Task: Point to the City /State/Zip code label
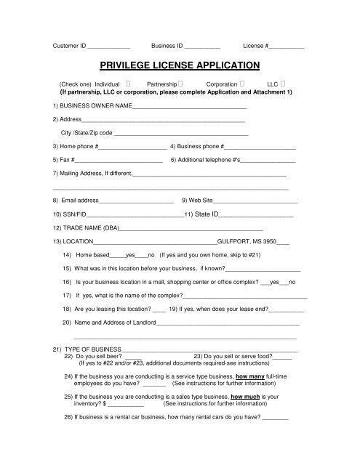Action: pos(87,134)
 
